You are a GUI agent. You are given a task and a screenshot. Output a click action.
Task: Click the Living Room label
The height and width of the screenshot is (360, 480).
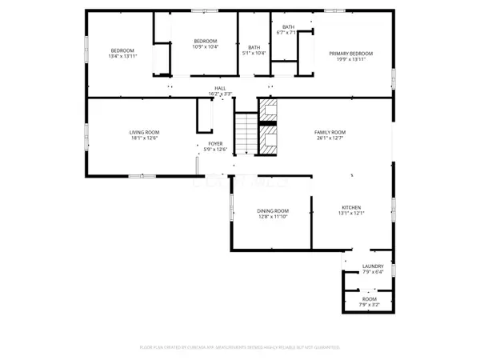coord(145,132)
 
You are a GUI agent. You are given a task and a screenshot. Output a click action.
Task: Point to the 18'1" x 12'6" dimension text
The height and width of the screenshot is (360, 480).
coord(145,138)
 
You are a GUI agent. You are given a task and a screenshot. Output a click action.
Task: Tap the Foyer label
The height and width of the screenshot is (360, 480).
coord(217,144)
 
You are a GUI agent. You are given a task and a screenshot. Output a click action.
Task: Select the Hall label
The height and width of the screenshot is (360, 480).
coord(219,88)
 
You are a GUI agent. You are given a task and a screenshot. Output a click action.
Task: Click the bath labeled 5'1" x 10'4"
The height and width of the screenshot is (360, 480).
coord(254,50)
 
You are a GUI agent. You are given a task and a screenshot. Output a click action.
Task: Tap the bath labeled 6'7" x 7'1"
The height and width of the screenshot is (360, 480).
coord(286,30)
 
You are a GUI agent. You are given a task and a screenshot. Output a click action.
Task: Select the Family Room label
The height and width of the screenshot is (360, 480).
coord(329,132)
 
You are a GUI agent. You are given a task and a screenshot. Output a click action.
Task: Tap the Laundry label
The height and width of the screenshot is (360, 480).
coord(373,266)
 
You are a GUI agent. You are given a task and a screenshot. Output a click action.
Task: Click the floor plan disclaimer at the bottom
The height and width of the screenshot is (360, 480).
coord(240,348)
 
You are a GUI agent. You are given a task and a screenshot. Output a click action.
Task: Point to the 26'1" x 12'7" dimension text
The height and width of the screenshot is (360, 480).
coord(329,138)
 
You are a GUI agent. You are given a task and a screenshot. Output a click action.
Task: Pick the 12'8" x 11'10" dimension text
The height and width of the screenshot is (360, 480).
coord(271,217)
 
